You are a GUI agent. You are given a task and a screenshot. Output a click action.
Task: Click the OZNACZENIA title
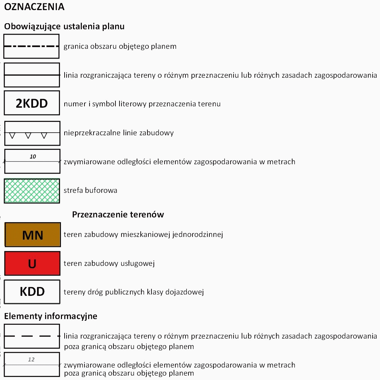tap(34, 7)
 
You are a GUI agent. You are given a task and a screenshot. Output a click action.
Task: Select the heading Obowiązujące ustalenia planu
tap(64, 27)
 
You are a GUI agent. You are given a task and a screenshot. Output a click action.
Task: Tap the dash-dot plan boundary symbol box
tap(32, 46)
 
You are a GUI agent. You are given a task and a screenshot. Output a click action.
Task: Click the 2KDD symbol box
tap(32, 103)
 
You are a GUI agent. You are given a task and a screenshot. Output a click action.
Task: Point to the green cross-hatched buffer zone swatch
tap(32, 191)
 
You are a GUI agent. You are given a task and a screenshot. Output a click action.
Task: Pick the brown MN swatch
tap(32, 235)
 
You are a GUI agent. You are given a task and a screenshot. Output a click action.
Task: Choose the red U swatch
tap(32, 263)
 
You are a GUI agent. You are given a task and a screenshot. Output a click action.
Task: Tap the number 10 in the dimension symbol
tap(33, 157)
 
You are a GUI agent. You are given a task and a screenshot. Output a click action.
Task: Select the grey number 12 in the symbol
tap(31, 359)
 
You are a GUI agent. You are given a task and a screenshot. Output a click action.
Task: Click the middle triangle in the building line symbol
tap(28, 136)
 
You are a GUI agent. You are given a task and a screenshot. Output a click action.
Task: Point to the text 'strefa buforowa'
tap(90, 191)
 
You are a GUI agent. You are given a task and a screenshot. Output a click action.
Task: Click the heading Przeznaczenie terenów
tap(118, 215)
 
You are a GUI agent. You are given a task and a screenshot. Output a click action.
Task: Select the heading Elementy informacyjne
tap(50, 316)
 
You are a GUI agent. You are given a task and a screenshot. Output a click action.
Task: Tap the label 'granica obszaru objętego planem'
tap(120, 46)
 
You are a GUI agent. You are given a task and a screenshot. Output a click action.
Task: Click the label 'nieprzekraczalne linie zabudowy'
tap(118, 133)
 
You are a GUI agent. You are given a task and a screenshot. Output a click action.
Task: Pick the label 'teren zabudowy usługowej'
tap(109, 264)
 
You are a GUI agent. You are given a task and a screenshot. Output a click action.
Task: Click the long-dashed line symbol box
tap(32, 336)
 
